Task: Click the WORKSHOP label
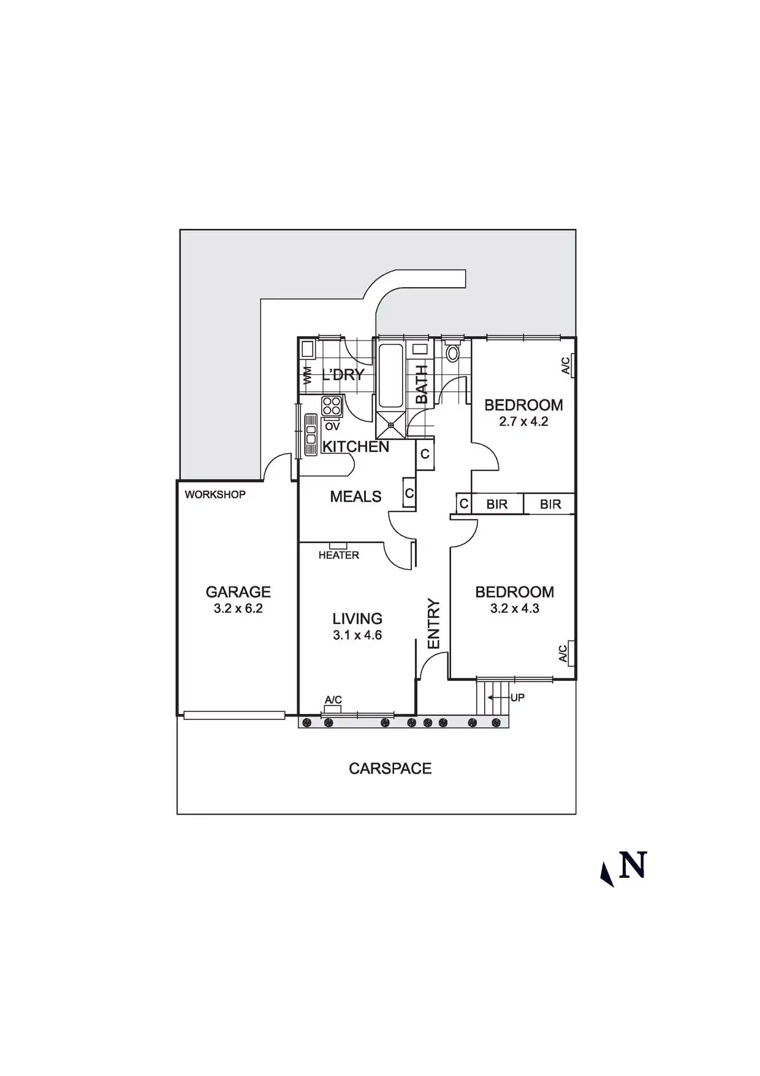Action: pos(215,494)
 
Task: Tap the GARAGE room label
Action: pos(238,592)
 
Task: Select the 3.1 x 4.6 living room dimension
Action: pos(357,636)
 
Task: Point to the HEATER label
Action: pos(338,555)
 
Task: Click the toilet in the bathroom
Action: pos(453,353)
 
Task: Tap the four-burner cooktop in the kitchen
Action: pos(332,406)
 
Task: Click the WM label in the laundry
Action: pos(308,375)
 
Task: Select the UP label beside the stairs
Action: pos(517,697)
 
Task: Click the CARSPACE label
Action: pos(390,769)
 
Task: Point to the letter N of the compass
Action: pos(633,865)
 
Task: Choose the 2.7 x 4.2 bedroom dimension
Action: pos(523,421)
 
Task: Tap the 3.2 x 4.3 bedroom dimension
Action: pos(514,609)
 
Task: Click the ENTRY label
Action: pos(433,624)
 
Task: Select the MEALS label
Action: pos(355,496)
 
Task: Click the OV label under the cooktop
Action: pos(332,426)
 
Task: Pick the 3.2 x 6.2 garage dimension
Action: pos(238,609)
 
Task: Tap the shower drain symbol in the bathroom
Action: pos(390,425)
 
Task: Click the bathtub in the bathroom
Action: pos(390,375)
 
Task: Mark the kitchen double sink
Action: pos(310,434)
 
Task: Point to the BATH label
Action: pos(422,385)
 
